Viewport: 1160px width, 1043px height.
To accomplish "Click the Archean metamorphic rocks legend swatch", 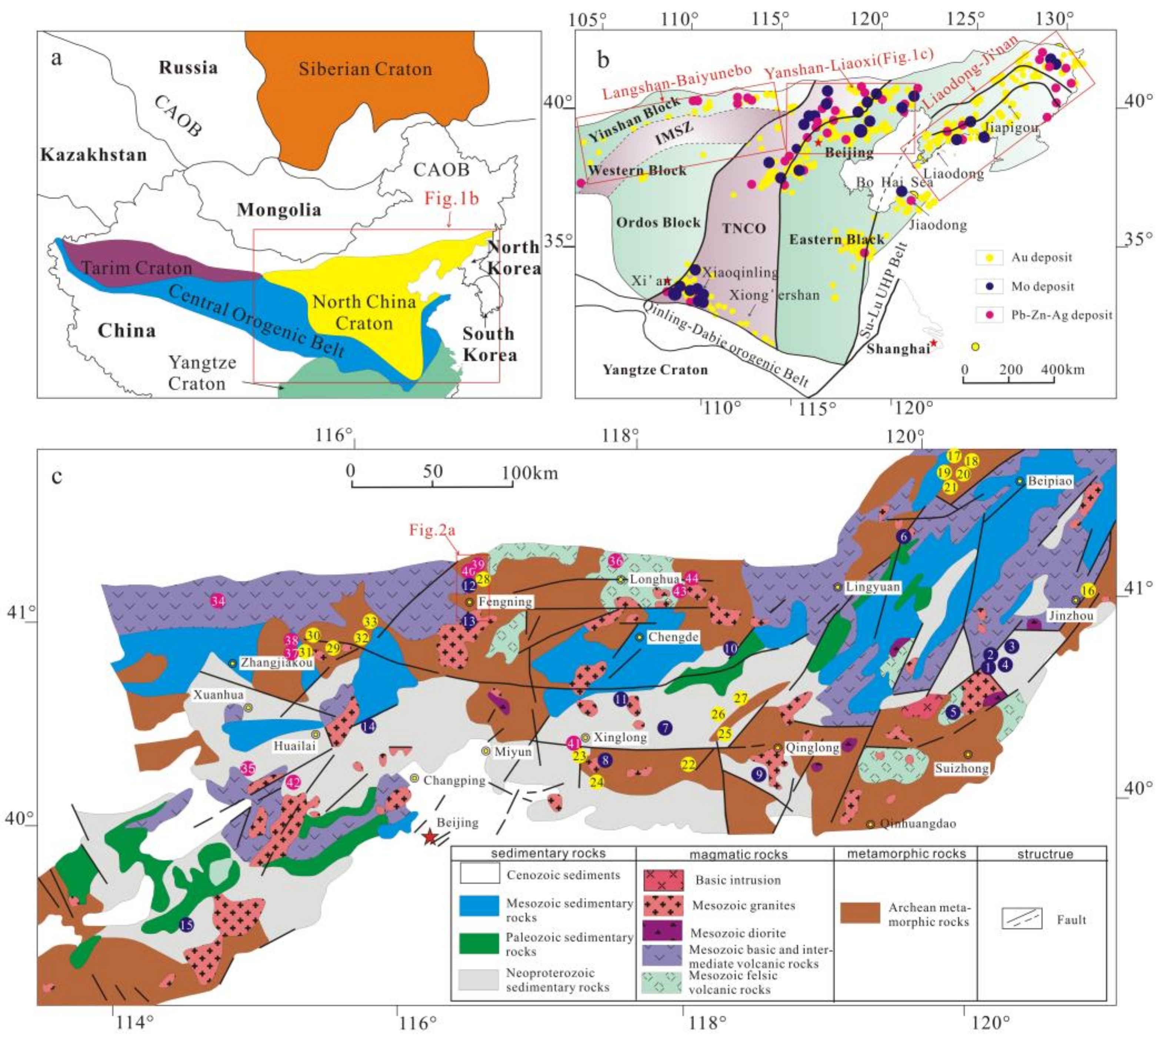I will (860, 913).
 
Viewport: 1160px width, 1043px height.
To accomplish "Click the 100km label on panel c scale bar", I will (530, 473).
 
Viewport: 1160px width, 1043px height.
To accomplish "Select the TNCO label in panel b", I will (743, 229).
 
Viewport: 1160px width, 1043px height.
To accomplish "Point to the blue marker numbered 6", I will (904, 536).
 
